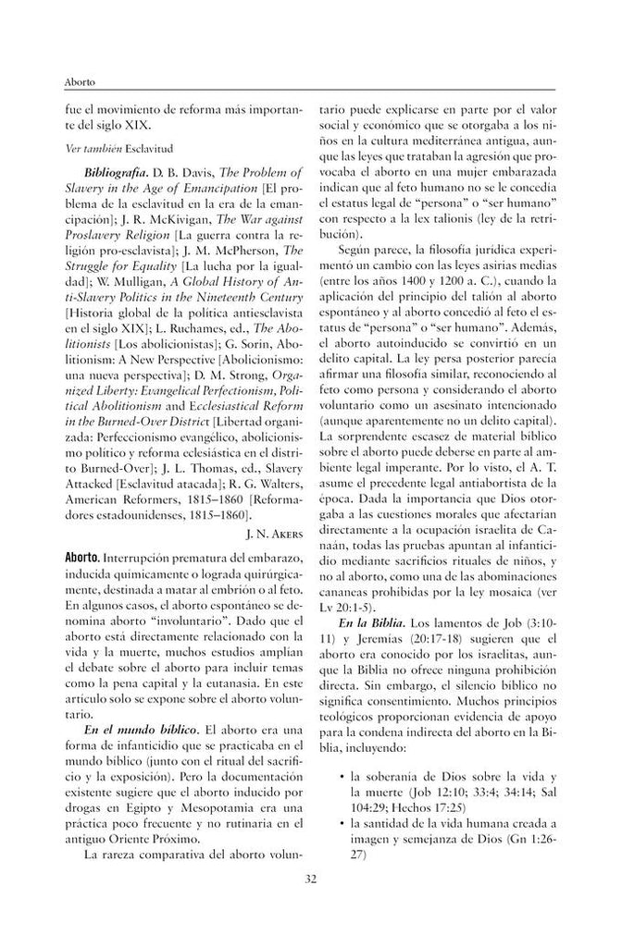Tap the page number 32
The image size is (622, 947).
point(311,904)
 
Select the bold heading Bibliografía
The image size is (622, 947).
point(115,172)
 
